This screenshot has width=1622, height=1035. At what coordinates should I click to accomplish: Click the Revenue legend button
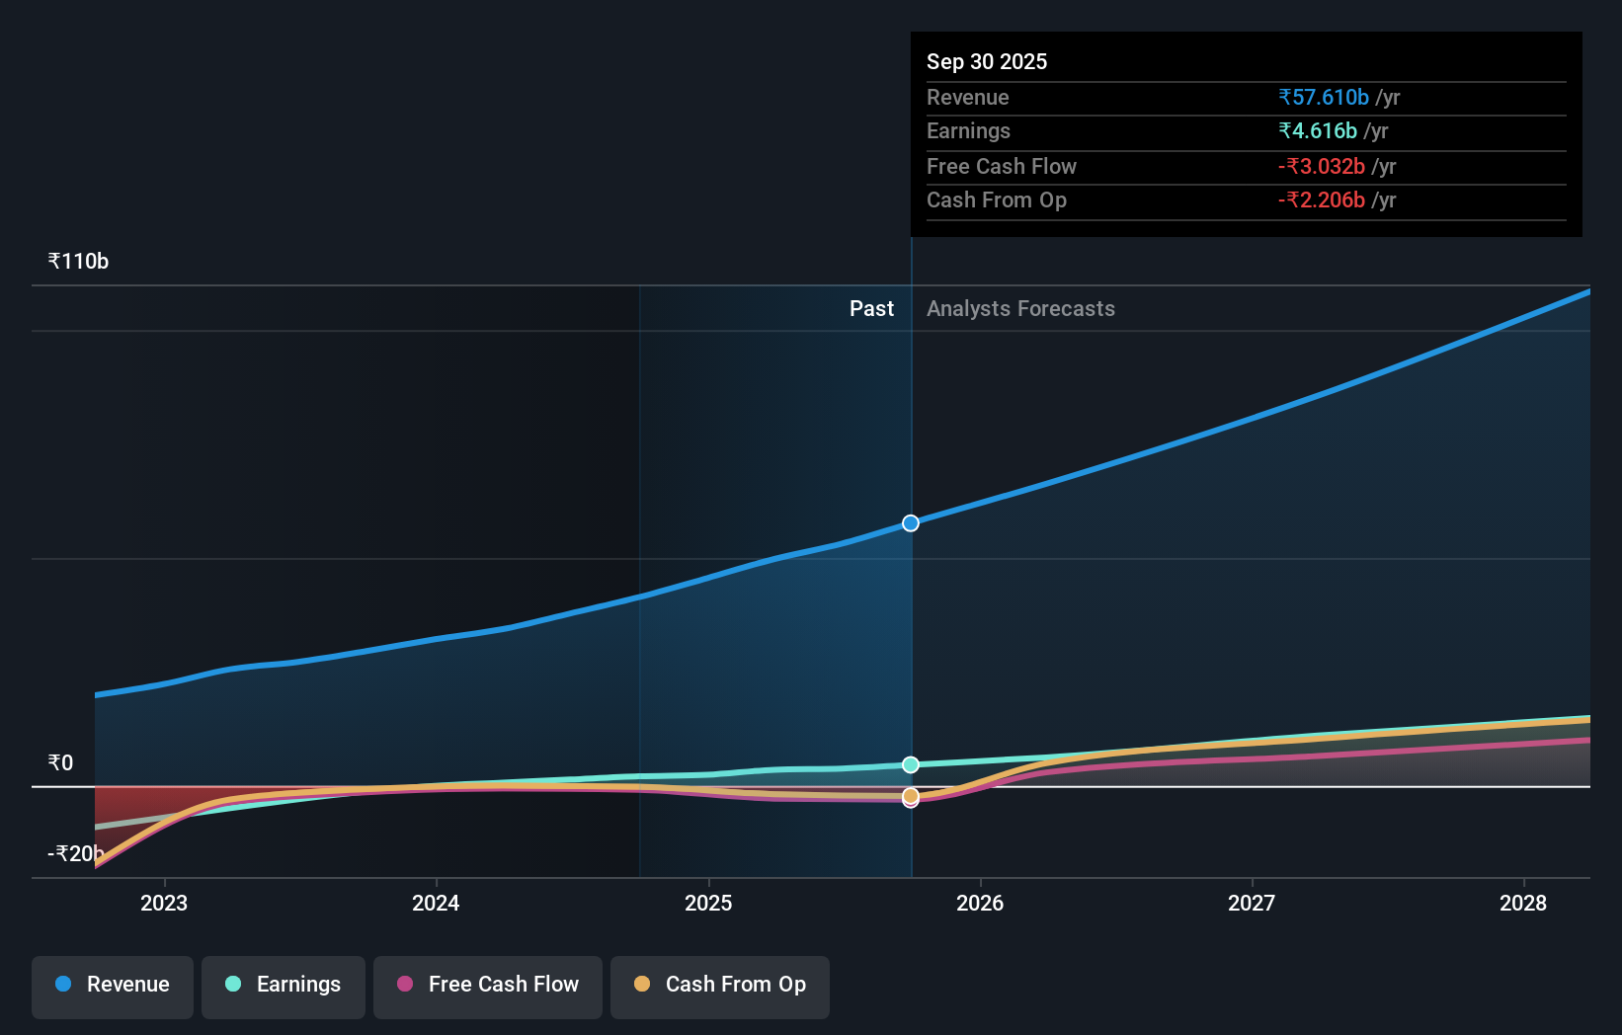pyautogui.click(x=113, y=985)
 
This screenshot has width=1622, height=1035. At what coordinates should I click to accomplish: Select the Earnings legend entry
pyautogui.click(x=284, y=985)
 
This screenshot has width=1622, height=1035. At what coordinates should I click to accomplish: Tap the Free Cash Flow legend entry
pyautogui.click(x=488, y=985)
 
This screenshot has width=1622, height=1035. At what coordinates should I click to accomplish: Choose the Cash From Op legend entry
pyautogui.click(x=720, y=985)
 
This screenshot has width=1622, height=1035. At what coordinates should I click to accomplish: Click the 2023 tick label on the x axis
pyautogui.click(x=164, y=903)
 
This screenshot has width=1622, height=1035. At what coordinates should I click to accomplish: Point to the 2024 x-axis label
pyautogui.click(x=436, y=903)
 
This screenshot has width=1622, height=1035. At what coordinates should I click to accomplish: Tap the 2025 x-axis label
pyautogui.click(x=708, y=903)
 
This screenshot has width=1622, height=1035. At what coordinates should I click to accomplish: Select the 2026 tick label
pyautogui.click(x=980, y=903)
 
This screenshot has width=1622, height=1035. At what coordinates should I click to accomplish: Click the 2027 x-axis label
pyautogui.click(x=1252, y=903)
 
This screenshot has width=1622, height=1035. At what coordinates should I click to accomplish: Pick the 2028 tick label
pyautogui.click(x=1523, y=903)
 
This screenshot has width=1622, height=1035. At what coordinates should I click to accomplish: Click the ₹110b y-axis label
pyautogui.click(x=78, y=262)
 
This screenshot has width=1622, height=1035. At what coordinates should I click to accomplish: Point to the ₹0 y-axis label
pyautogui.click(x=60, y=762)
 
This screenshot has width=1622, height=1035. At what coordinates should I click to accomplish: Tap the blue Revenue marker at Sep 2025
pyautogui.click(x=911, y=523)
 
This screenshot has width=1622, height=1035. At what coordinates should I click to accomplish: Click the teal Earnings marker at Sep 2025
pyautogui.click(x=911, y=764)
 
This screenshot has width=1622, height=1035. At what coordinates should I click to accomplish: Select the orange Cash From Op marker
pyautogui.click(x=911, y=795)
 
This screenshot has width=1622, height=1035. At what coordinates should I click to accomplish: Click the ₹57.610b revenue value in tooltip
pyautogui.click(x=1323, y=98)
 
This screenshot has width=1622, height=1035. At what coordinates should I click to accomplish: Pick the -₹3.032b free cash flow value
pyautogui.click(x=1321, y=167)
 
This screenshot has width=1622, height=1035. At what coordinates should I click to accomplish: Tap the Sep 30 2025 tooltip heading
pyautogui.click(x=986, y=61)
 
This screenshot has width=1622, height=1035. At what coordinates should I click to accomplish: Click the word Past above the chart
pyautogui.click(x=871, y=309)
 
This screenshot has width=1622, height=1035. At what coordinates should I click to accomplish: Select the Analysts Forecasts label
pyautogui.click(x=1020, y=309)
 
